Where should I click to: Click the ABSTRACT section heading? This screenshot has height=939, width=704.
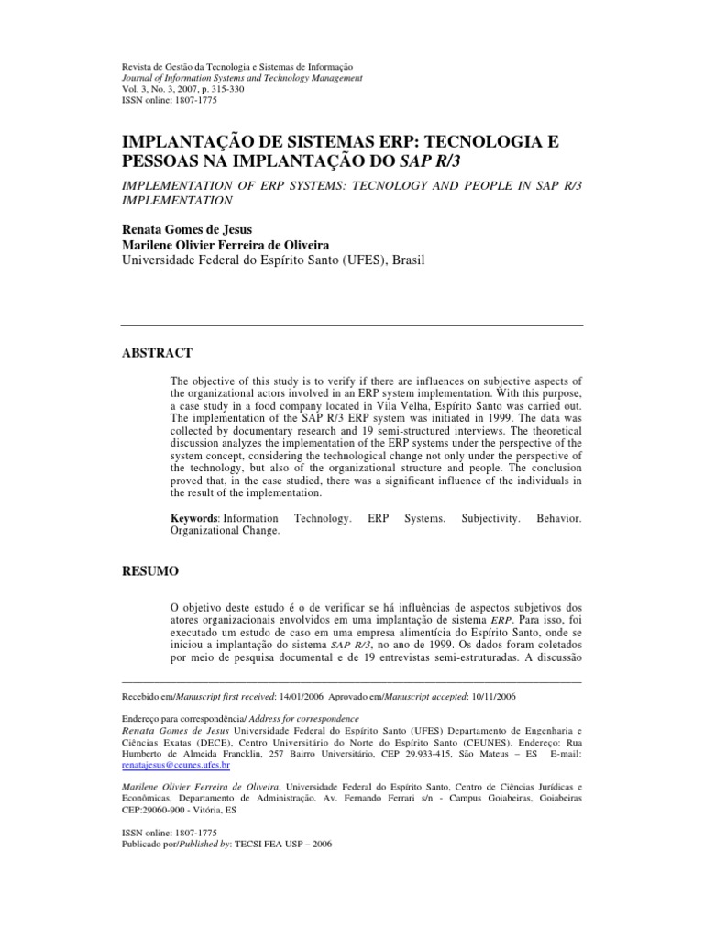157,352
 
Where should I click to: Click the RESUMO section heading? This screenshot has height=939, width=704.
150,570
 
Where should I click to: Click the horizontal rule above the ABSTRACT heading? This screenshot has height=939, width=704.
352,326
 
